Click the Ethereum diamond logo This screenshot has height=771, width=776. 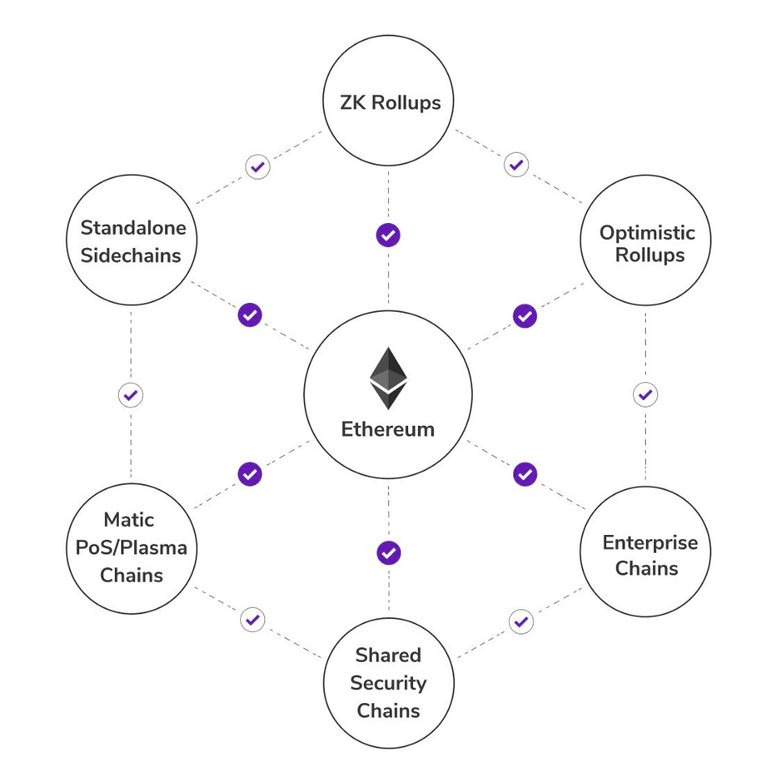tap(388, 378)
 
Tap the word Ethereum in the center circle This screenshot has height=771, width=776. tap(388, 429)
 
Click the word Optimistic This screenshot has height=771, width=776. tap(647, 234)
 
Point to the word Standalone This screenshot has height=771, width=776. tap(133, 228)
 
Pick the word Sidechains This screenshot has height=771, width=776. tap(131, 255)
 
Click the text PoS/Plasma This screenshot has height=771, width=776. tap(131, 548)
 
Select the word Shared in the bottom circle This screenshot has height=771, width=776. tap(388, 655)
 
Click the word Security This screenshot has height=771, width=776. tap(388, 684)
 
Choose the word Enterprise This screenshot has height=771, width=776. tap(649, 542)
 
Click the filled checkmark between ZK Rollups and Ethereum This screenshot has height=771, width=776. tap(388, 235)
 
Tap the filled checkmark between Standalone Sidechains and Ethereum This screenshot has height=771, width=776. tap(250, 314)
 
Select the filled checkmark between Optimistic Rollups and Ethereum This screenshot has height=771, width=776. tap(525, 315)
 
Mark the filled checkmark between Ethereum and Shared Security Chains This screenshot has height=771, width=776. tap(389, 553)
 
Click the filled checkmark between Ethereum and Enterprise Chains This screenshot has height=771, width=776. tap(525, 474)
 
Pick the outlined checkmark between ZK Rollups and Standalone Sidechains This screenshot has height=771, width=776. tap(257, 167)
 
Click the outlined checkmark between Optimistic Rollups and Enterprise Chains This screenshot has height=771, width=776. tap(645, 395)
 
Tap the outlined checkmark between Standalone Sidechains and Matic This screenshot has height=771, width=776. tap(130, 395)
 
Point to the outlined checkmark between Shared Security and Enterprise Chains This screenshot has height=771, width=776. tap(521, 621)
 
